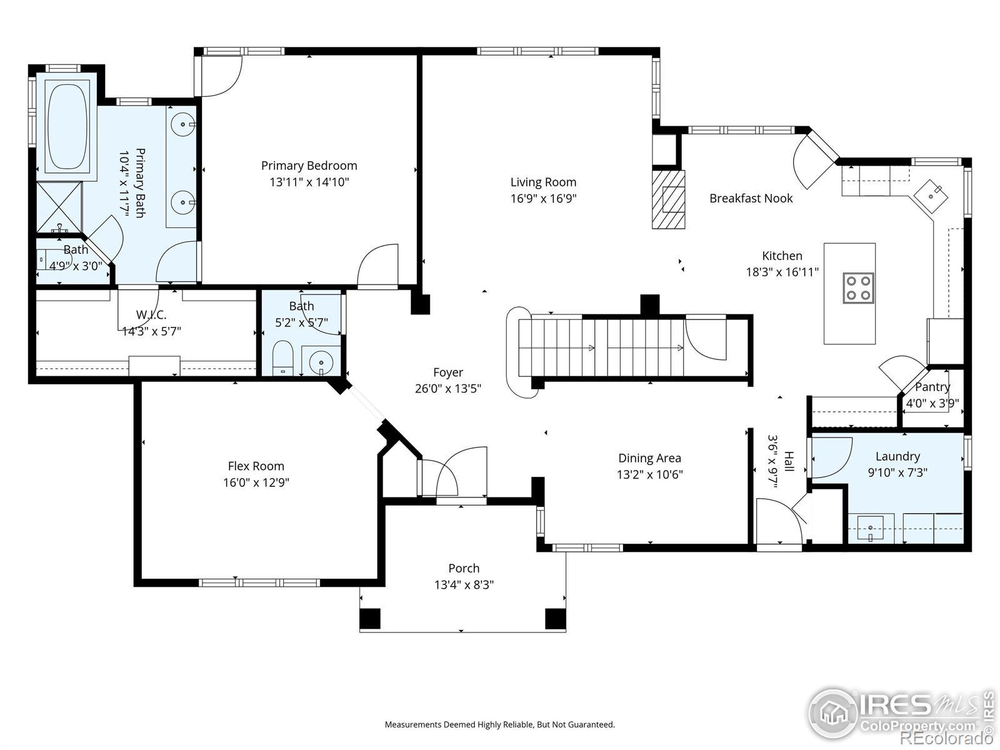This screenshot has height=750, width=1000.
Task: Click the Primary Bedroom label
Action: pyautogui.click(x=309, y=165)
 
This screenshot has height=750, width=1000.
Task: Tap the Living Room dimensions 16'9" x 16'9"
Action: pyautogui.click(x=543, y=199)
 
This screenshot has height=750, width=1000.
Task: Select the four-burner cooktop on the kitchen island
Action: pyautogui.click(x=858, y=287)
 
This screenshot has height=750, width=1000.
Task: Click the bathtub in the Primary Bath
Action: pyautogui.click(x=67, y=126)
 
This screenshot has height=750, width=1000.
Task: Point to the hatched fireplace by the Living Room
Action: pyautogui.click(x=668, y=199)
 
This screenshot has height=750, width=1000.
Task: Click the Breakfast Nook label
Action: pyautogui.click(x=751, y=198)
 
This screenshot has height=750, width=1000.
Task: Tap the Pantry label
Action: pyautogui.click(x=932, y=387)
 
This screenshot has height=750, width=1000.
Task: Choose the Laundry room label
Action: pyautogui.click(x=897, y=456)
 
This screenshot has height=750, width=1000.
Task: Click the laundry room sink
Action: pyautogui.click(x=870, y=528)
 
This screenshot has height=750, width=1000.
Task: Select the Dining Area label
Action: pyautogui.click(x=649, y=457)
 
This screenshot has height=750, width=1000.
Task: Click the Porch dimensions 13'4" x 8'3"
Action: pyautogui.click(x=464, y=585)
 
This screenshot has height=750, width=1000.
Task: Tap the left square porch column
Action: pyautogui.click(x=370, y=618)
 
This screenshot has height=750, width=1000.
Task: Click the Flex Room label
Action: pyautogui.click(x=256, y=466)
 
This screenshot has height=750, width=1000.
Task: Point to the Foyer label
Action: pyautogui.click(x=448, y=372)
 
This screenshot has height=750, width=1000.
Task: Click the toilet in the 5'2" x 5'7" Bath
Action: pyautogui.click(x=283, y=358)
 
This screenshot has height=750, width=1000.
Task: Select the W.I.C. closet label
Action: pyautogui.click(x=151, y=314)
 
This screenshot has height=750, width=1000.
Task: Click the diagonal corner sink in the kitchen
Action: pyautogui.click(x=931, y=196)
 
